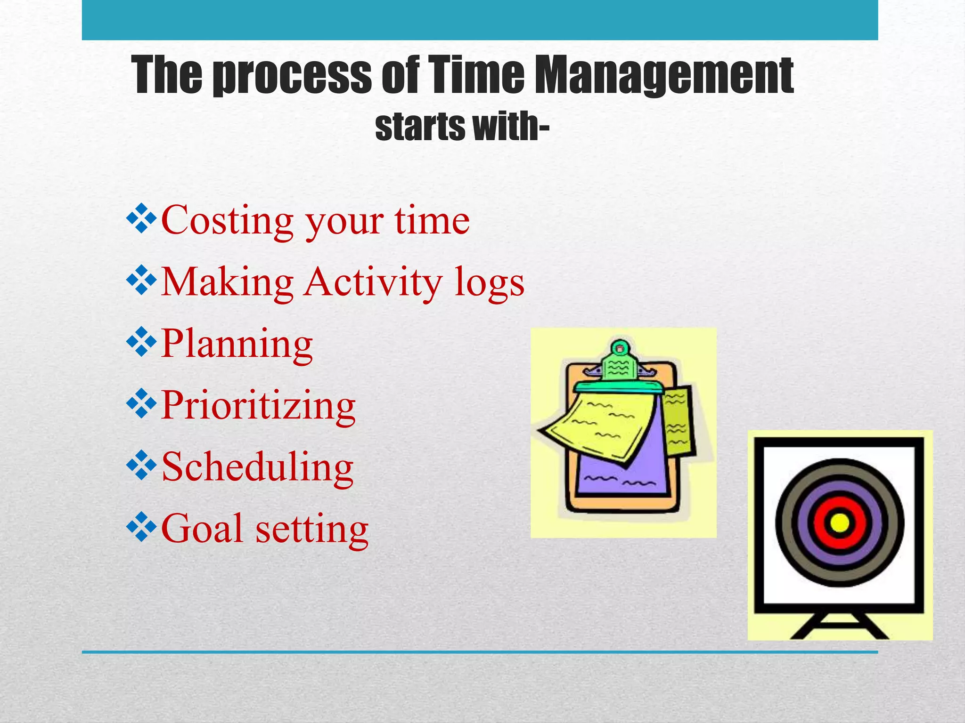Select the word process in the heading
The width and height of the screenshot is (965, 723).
click(x=292, y=75)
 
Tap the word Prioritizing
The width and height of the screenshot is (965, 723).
click(x=258, y=406)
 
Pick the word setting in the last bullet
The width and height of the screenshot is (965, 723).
click(x=311, y=530)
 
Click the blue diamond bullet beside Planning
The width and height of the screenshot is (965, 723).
click(x=141, y=344)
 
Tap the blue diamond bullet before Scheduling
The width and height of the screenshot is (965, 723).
click(x=141, y=466)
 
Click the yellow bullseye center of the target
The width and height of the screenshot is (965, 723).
click(x=839, y=523)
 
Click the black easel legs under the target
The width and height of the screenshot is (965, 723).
click(x=839, y=626)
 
